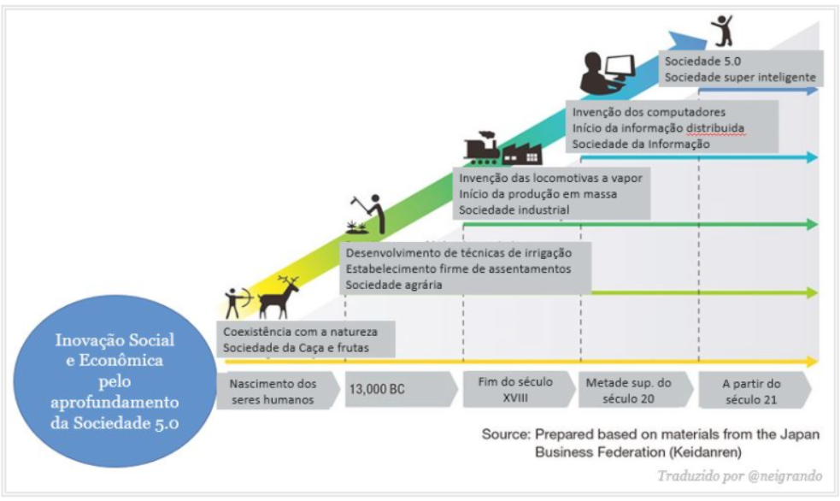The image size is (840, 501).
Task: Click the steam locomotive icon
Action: click(482, 148)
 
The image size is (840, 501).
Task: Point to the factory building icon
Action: click(521, 152)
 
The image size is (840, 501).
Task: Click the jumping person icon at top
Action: click(723, 30)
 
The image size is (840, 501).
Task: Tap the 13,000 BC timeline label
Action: click(376, 390)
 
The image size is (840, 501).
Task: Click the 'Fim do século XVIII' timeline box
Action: click(514, 390)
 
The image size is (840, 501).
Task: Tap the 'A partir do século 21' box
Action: click(751, 390)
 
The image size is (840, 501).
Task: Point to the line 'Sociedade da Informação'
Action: click(641, 144)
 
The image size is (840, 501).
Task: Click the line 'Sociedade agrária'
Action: click(393, 285)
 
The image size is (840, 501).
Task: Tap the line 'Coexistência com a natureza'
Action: click(300, 331)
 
